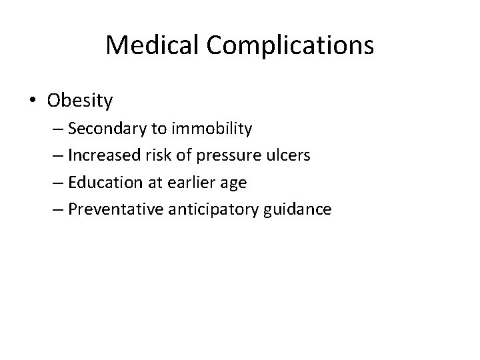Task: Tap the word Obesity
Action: [81, 101]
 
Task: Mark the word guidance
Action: [297, 209]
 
